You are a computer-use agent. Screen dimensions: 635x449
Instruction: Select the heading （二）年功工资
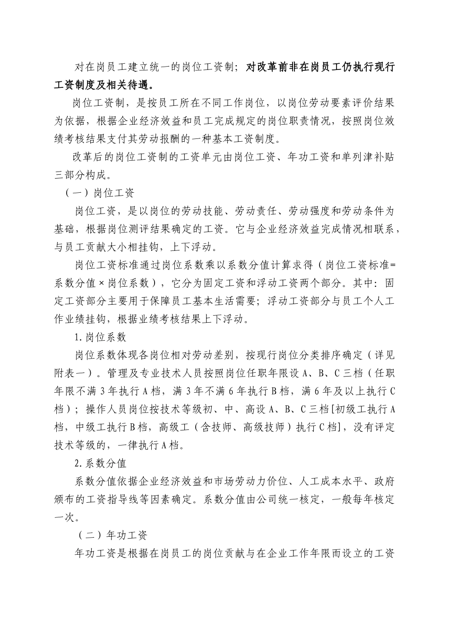tap(112, 535)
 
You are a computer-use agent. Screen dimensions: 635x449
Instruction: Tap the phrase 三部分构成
tap(81, 175)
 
